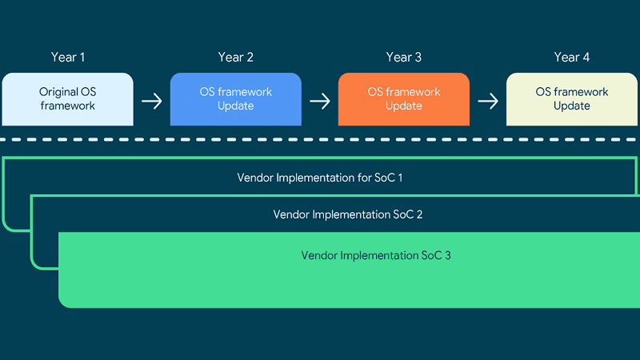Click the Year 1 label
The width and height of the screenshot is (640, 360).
pos(68,57)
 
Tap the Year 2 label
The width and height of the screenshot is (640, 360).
pos(235,57)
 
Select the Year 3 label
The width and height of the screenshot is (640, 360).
pos(404,57)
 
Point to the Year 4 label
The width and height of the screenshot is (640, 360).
pos(572,57)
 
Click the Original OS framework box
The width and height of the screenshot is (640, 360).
pos(68,99)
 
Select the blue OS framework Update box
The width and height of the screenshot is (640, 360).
pos(236,99)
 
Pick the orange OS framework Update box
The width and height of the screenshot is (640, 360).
pos(404,99)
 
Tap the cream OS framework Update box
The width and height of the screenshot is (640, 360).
pos(572,99)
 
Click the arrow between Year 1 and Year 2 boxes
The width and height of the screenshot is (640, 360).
pos(152,102)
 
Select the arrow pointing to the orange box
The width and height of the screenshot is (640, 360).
pos(320,102)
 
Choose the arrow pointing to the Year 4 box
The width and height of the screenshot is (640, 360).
pos(488,102)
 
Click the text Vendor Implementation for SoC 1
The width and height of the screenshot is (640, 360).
pos(320,178)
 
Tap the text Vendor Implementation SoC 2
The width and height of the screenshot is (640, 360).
pos(348,214)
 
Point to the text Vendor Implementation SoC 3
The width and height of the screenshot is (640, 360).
pos(376,255)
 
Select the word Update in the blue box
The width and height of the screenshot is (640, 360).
pos(235,106)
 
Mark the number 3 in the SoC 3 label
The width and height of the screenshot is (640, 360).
pos(448,255)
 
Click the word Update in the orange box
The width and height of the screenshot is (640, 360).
pos(404,106)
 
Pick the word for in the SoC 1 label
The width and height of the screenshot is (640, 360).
pos(365,178)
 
